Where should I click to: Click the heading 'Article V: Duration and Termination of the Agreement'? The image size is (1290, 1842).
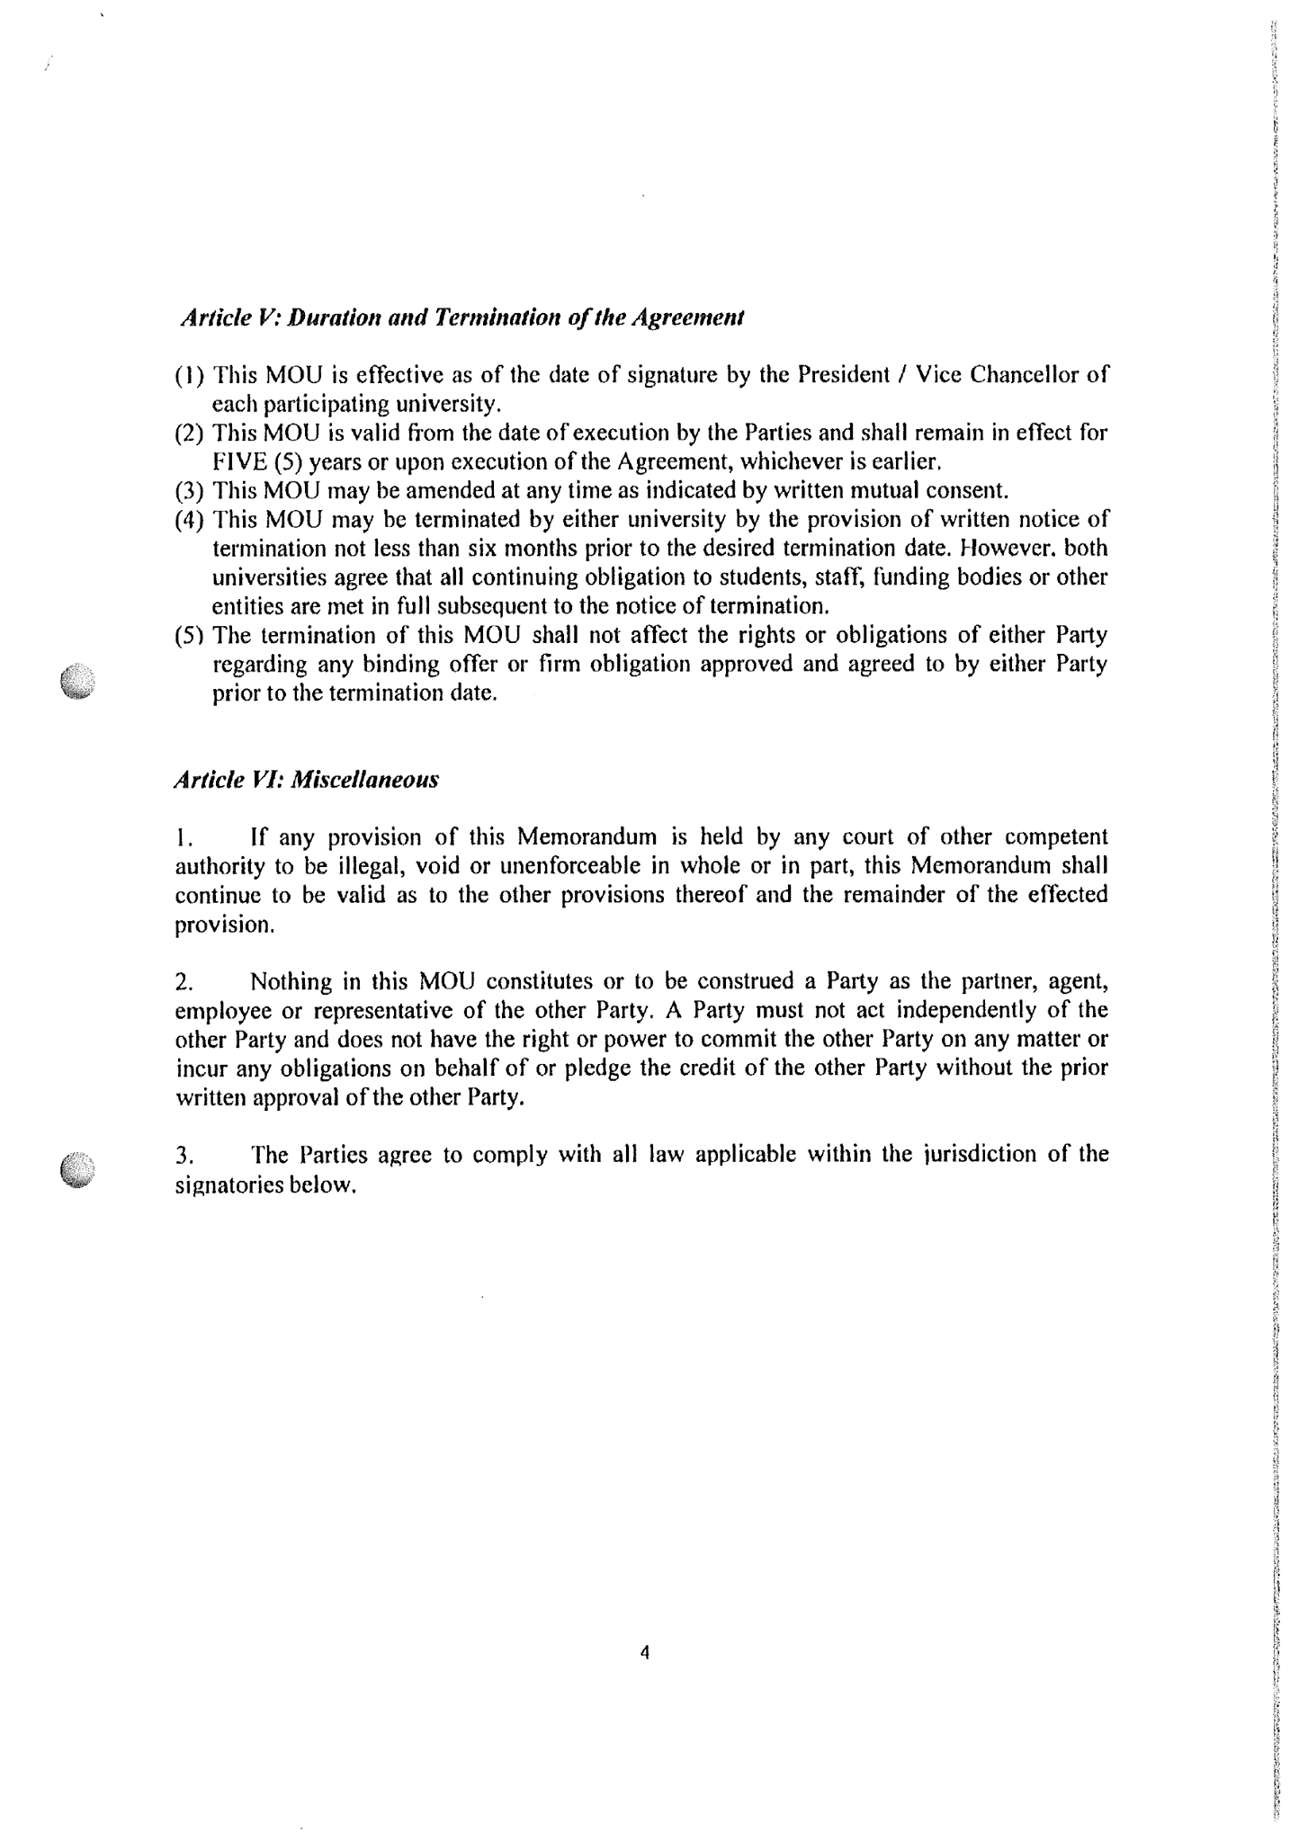point(462,318)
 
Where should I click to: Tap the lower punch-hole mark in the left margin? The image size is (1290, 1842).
point(78,1170)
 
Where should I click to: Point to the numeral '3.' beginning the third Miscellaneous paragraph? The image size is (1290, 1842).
point(184,1155)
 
